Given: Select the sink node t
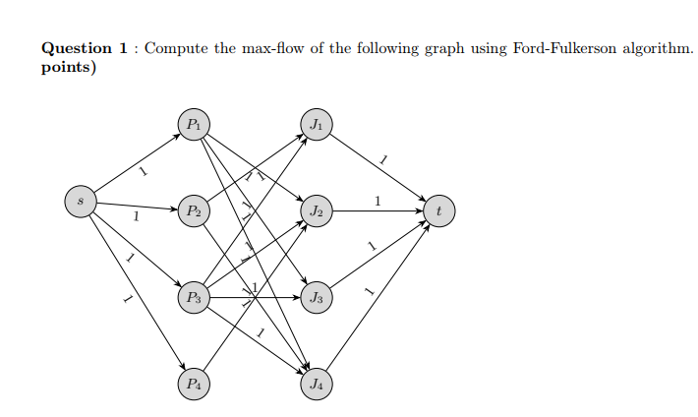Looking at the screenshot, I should [x=438, y=209].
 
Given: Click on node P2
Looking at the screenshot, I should [x=194, y=210].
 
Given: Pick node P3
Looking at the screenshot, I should [x=194, y=296].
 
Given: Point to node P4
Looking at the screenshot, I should [x=194, y=383].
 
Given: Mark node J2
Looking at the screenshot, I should [x=316, y=210].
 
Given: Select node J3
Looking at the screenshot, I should [x=316, y=296].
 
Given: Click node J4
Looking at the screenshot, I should [x=316, y=383].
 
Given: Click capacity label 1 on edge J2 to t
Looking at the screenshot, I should [x=378, y=201].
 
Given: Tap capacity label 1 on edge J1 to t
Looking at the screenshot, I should [x=383, y=158].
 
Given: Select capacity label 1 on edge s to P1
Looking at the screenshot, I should [x=144, y=173].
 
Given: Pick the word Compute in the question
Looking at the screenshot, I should [x=175, y=48].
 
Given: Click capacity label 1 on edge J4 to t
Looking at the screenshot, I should [x=368, y=290].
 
